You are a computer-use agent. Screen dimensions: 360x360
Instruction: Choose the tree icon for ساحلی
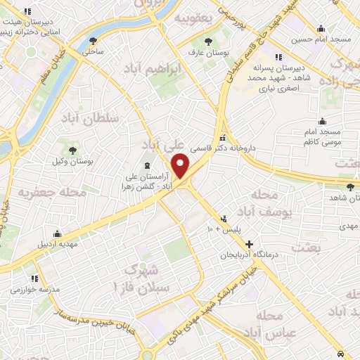pyautogui.click(x=94, y=41)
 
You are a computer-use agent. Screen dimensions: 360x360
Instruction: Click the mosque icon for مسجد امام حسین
pyautogui.click(x=321, y=29)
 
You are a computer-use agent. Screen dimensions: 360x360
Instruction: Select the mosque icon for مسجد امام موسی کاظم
pyautogui.click(x=323, y=121)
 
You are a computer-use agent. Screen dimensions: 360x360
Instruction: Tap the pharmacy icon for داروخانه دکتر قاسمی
pyautogui.click(x=223, y=137)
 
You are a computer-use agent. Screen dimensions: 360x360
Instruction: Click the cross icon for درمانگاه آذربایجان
pyautogui.click(x=249, y=243)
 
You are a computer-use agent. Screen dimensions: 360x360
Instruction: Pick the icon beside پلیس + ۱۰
pyautogui.click(x=224, y=218)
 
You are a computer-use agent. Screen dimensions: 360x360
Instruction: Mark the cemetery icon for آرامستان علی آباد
pyautogui.click(x=147, y=166)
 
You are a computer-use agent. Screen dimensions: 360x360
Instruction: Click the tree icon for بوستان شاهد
pyautogui.click(x=351, y=186)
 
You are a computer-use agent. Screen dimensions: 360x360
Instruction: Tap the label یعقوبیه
pyautogui.click(x=193, y=17)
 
